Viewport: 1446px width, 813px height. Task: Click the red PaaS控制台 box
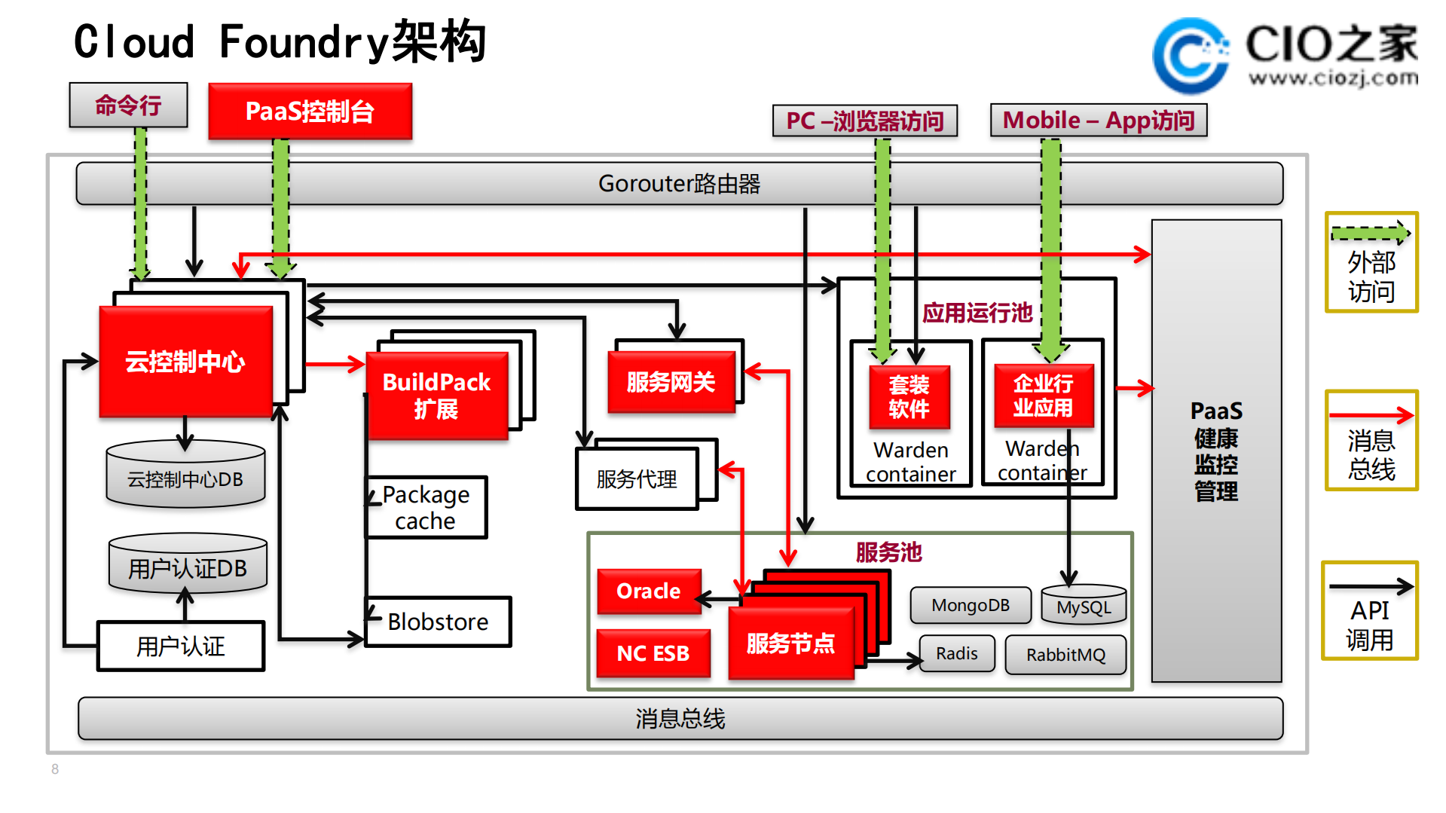[310, 112]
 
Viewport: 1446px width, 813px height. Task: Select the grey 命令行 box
[128, 105]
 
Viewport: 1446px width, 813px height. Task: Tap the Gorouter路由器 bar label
[679, 184]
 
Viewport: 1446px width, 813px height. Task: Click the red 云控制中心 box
[185, 362]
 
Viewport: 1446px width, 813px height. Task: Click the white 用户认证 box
[181, 646]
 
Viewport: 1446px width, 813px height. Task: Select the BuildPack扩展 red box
[437, 396]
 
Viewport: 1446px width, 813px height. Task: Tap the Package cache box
[426, 508]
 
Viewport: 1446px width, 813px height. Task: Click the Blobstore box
[438, 622]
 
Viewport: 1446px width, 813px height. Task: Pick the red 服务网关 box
[671, 382]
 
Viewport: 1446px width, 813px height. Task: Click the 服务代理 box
[637, 479]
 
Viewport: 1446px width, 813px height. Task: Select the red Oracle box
[649, 591]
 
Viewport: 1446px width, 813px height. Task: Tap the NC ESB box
[653, 653]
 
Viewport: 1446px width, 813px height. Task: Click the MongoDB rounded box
[970, 606]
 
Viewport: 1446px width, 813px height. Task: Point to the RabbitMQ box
[1065, 654]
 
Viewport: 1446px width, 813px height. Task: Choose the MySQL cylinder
[1084, 607]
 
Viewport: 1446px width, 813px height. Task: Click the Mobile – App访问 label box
[1099, 121]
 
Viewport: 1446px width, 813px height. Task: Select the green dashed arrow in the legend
[1370, 233]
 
